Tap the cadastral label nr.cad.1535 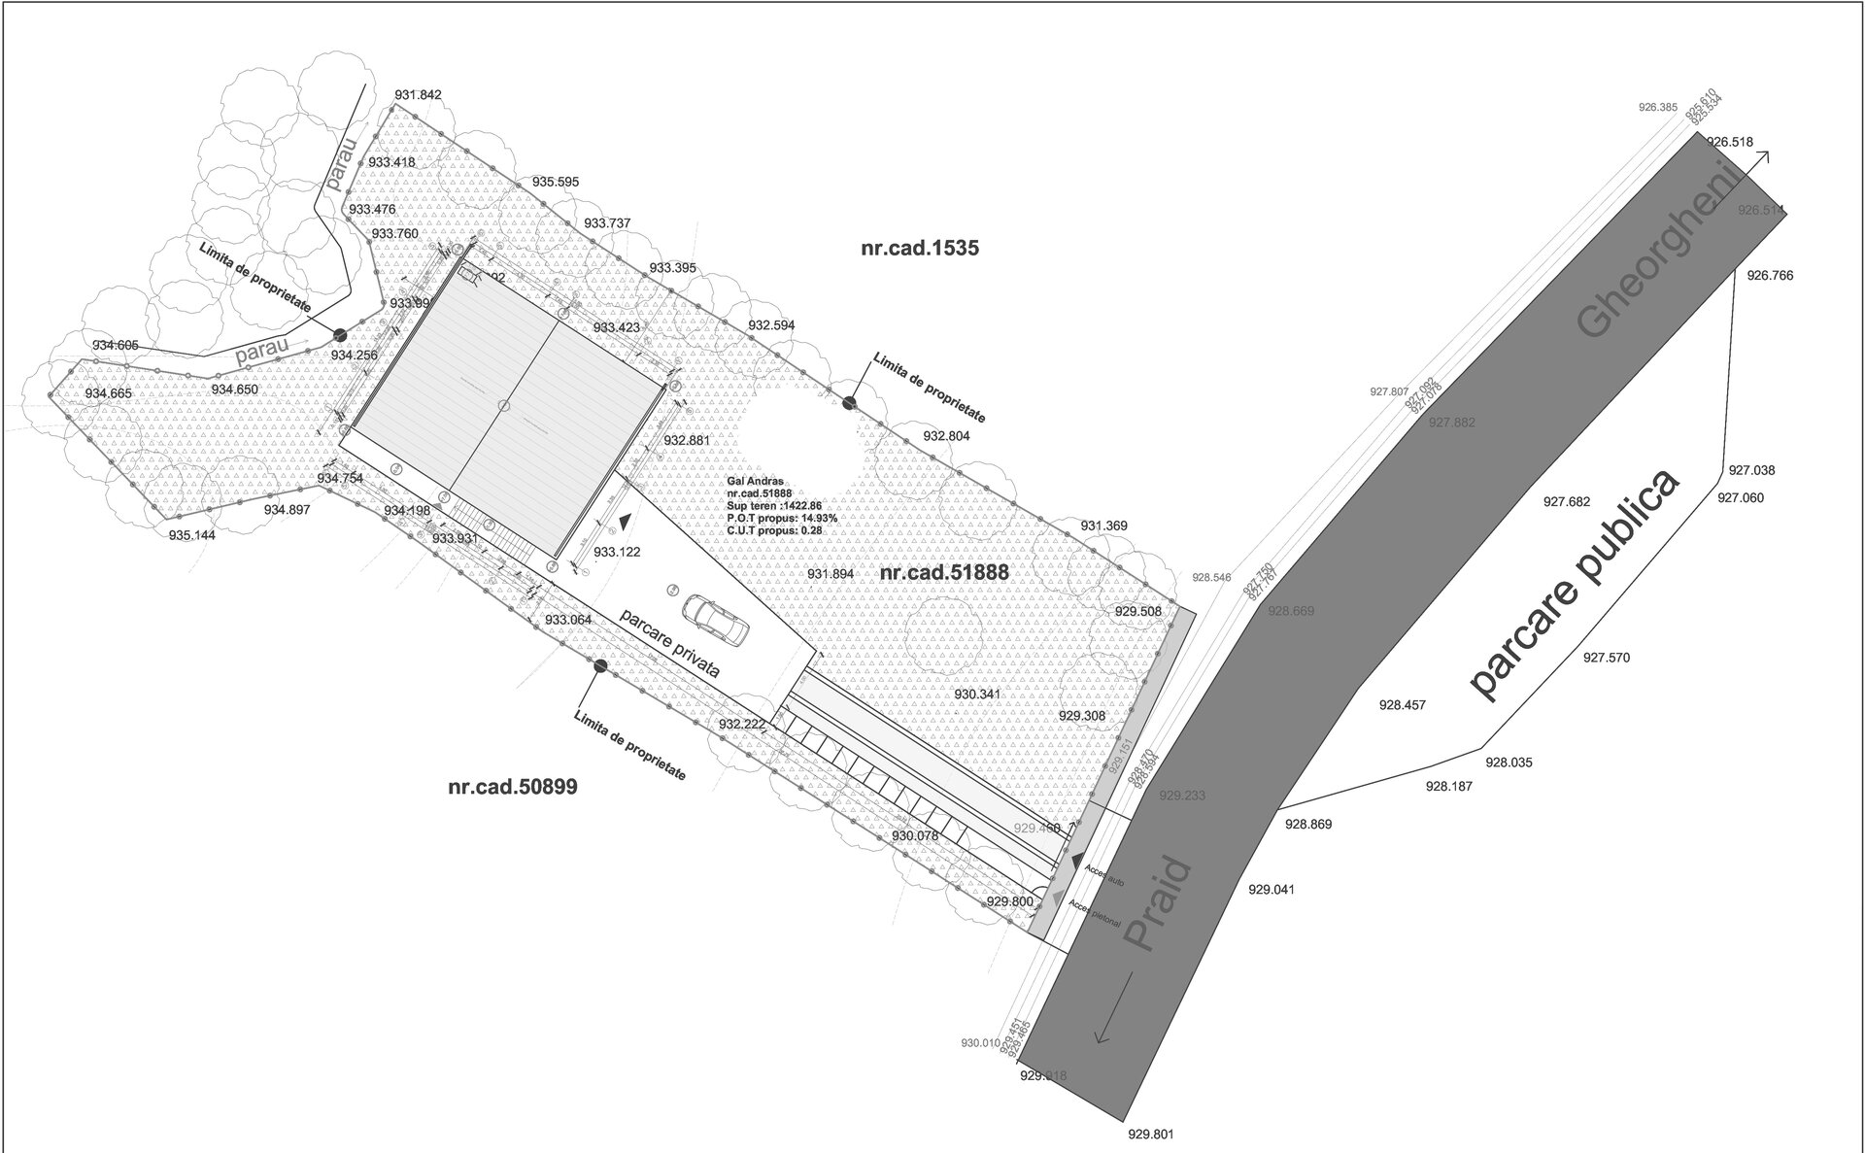(x=919, y=248)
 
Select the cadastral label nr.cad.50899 (x=512, y=787)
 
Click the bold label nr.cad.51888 (x=944, y=573)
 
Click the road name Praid (x=1157, y=904)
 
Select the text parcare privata (x=670, y=643)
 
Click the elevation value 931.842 (x=419, y=94)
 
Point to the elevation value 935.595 (x=556, y=182)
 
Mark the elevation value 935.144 (x=192, y=535)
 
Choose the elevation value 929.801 (x=1151, y=1134)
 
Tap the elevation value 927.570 (x=1607, y=658)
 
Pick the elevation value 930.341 (x=977, y=695)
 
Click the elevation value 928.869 (x=1308, y=825)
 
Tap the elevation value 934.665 (x=109, y=393)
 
